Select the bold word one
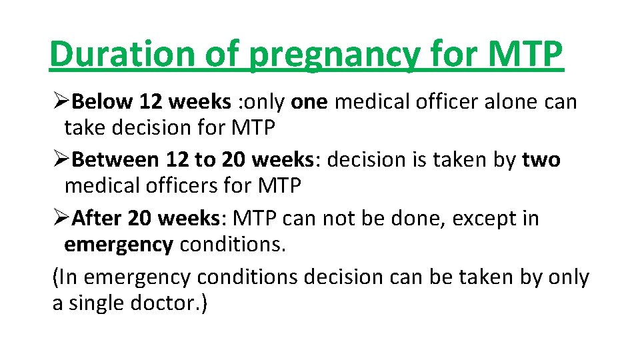coord(309,101)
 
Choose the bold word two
coord(541,160)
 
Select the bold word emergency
coord(118,245)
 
